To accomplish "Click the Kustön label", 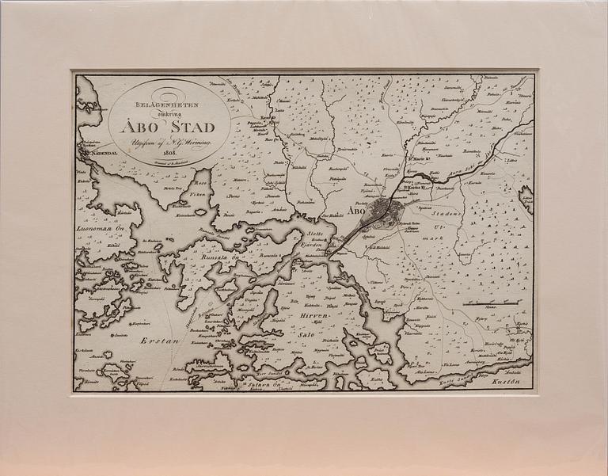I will click(x=504, y=382).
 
